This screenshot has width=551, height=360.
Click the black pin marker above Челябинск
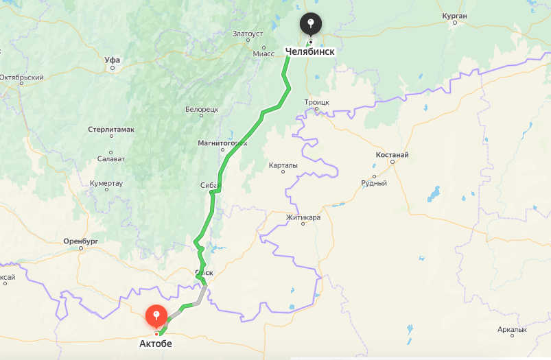[x=311, y=25]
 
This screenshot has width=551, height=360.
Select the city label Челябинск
[x=309, y=51]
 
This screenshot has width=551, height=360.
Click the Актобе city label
[x=156, y=344]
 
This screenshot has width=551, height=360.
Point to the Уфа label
[x=112, y=60]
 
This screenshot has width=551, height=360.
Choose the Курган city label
[x=454, y=16]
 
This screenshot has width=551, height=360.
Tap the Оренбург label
[x=81, y=241]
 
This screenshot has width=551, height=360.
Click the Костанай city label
[x=392, y=155]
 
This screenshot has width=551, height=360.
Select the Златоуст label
[x=248, y=33]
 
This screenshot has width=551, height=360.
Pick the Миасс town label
[x=263, y=53]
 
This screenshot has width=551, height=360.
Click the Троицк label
[x=317, y=102]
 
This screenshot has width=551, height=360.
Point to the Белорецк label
[x=201, y=109]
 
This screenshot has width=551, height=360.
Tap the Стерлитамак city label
[x=111, y=129]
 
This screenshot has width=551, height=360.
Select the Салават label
[x=110, y=158]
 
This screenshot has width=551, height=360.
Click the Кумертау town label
[x=106, y=183]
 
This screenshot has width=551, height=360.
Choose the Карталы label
[x=283, y=165]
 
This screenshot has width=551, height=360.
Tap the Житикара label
[x=303, y=217]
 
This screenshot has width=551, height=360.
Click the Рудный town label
[x=374, y=183]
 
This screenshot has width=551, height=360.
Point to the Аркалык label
[x=512, y=330]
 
